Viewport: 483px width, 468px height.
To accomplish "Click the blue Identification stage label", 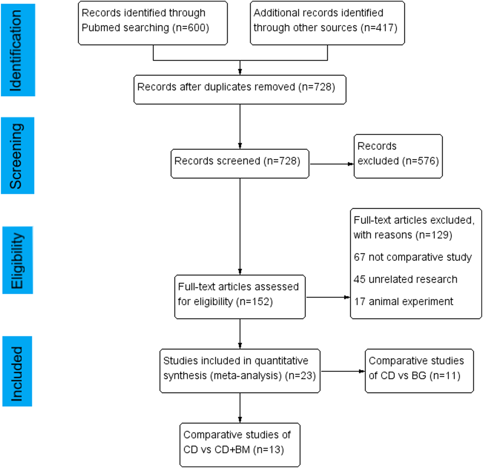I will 18,50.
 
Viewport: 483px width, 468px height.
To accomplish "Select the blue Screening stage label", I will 18,156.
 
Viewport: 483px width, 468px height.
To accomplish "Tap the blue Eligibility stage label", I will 18,260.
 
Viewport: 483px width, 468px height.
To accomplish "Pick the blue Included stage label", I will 17,371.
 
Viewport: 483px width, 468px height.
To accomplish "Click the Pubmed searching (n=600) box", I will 153,23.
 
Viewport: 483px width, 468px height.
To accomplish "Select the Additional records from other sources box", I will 327,23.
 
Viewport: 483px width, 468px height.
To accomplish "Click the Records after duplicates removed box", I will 240,90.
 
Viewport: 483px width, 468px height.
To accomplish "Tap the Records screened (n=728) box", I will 240,163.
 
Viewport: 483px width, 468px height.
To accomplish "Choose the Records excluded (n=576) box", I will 398,156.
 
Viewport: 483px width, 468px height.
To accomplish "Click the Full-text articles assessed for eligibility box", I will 240,297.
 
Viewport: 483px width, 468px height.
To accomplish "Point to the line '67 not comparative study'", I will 413,257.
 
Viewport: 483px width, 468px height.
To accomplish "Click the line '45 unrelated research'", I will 405,279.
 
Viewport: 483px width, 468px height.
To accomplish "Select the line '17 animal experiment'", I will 403,302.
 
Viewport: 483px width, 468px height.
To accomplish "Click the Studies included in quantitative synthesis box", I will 240,371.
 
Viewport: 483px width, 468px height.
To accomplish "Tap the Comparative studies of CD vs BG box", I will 419,371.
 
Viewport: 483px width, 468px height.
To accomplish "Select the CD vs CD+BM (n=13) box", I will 240,445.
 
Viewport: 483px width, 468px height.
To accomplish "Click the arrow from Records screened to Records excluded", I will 331,164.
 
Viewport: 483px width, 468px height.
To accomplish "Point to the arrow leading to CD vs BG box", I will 342,371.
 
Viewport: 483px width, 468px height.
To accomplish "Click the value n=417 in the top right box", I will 379,28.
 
